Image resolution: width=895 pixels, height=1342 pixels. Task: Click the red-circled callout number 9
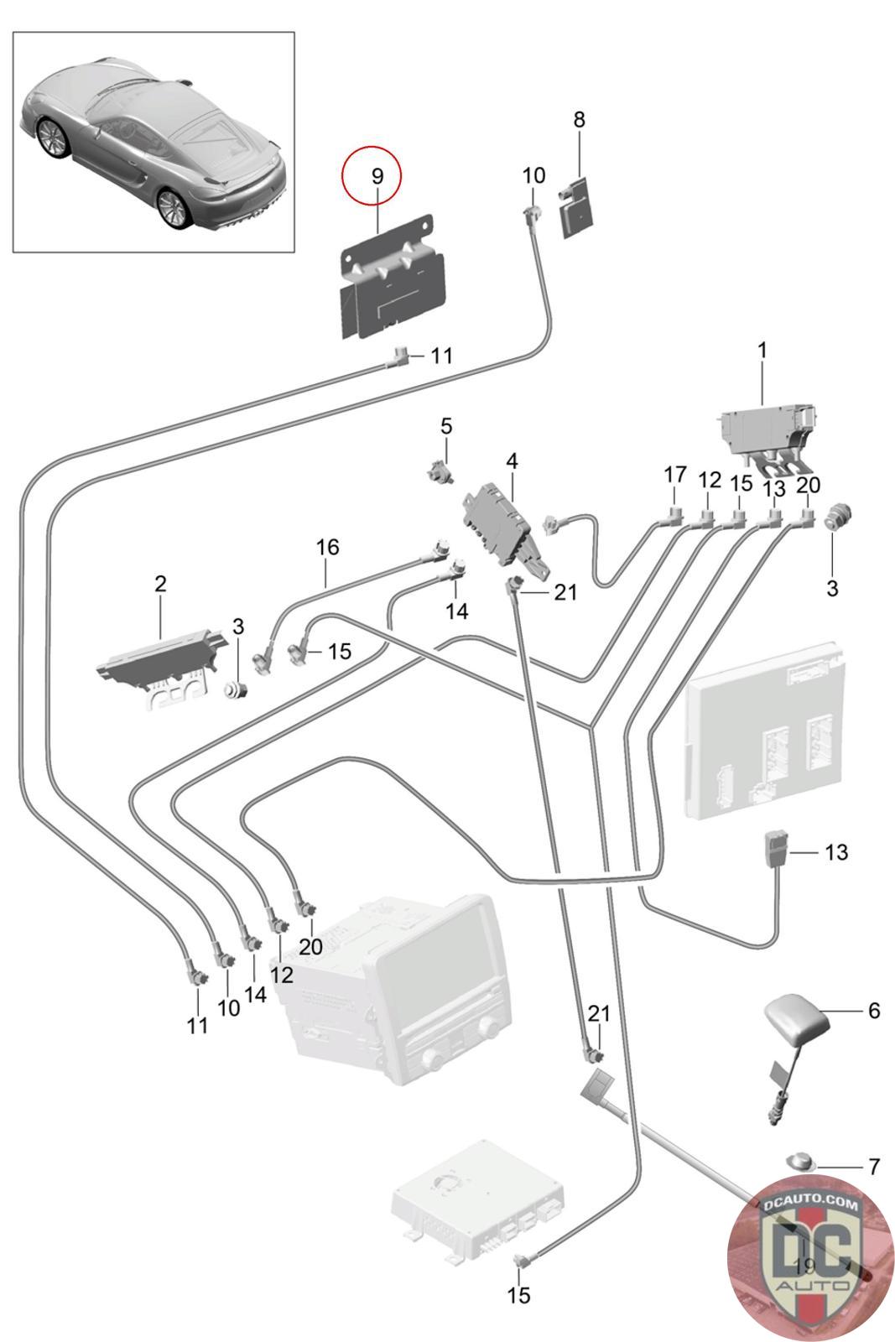[x=377, y=176]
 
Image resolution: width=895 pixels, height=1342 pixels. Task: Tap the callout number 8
[x=579, y=120]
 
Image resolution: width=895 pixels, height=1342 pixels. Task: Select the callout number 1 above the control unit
[x=762, y=351]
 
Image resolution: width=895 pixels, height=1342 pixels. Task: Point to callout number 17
[x=674, y=475]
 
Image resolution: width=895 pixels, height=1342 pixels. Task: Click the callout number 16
[x=327, y=547]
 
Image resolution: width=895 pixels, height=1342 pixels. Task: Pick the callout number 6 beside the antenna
[x=874, y=1011]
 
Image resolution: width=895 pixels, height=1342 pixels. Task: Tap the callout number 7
[x=874, y=1167]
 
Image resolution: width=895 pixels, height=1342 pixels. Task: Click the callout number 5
[x=446, y=427]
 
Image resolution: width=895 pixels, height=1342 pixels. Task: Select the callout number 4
[x=512, y=461]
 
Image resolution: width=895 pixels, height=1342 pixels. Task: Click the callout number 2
[x=160, y=584]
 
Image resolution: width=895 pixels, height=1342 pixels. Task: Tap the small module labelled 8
[x=576, y=206]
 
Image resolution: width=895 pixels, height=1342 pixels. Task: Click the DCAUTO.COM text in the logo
[x=809, y=1203]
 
